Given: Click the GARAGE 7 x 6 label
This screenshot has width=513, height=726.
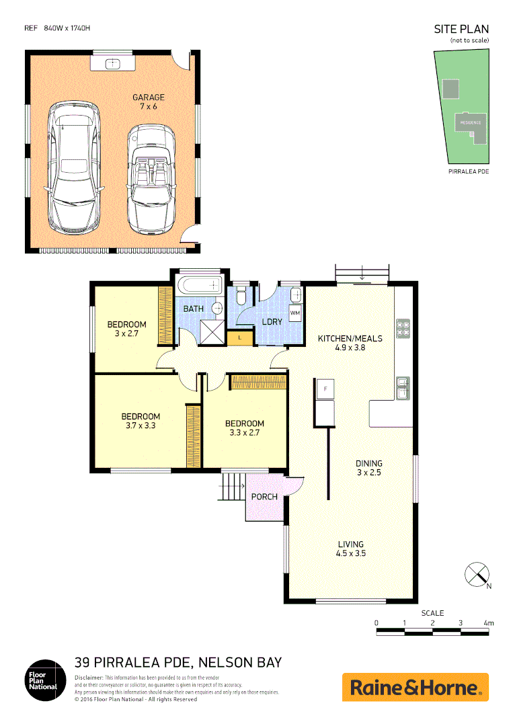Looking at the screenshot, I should coord(148,102).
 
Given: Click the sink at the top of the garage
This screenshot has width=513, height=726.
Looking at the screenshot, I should coord(112,64).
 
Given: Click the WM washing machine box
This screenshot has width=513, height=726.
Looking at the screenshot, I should coord(295,313).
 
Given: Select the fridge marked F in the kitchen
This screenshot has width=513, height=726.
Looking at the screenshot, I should coord(325,389).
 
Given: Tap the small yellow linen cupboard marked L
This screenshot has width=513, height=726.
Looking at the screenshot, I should coord(239,337).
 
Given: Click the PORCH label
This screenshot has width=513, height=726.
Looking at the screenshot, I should coord(264,497).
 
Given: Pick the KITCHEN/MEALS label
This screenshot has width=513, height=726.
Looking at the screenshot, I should coord(350,343).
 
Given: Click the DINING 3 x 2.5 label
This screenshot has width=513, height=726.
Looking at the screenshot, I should coord(368,468).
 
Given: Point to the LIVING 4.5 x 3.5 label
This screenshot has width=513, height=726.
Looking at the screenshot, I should coord(350,549).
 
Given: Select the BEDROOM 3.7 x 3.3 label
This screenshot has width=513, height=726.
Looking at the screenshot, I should coord(141,421).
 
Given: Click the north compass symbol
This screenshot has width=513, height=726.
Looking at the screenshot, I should coord(477,575).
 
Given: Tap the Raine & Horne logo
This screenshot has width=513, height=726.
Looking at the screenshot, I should coord(415,687).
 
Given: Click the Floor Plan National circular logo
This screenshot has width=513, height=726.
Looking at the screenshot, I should coord(41,680).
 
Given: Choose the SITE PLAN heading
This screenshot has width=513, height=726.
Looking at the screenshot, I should coord(461,29).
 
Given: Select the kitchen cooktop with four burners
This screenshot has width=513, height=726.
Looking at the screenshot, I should coord(403,326).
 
